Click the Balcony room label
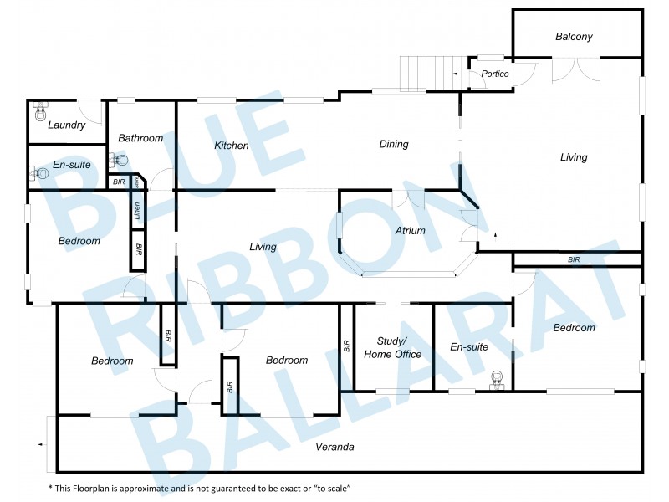[x=574, y=37]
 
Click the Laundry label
[x=66, y=125]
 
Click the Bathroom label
[x=140, y=138]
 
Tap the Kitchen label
[x=232, y=146]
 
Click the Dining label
[x=394, y=144]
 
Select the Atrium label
[x=410, y=231]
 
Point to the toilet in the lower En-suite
[x=499, y=379]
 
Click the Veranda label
[x=334, y=447]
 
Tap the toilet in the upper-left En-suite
[x=38, y=173]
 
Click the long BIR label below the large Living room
[x=574, y=260]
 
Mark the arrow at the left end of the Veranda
[x=40, y=446]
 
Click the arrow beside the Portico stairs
[x=454, y=74]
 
